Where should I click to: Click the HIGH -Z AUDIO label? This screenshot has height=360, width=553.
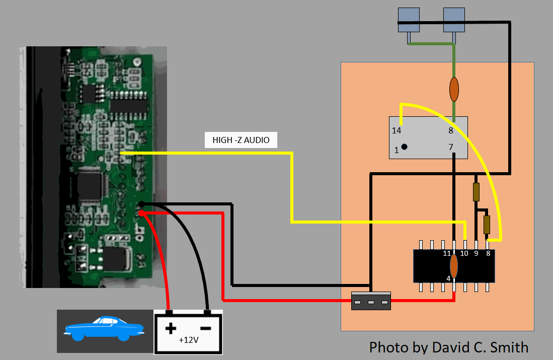241,140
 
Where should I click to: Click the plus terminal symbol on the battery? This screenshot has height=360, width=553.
171,329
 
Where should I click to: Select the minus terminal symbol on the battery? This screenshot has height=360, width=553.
207,327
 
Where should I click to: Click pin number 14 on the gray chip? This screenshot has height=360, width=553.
397,131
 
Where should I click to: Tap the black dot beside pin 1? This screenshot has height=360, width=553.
404,147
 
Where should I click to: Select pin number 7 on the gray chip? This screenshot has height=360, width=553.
451,148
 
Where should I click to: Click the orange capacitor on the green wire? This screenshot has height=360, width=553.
454,89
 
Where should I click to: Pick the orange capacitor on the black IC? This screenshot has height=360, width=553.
454,266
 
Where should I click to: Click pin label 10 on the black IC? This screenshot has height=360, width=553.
464,253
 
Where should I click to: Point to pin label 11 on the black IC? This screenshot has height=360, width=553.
446,253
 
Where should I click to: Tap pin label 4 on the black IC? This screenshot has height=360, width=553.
448,278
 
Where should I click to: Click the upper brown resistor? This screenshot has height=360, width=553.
476,192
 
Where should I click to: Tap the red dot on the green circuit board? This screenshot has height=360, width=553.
142,213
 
